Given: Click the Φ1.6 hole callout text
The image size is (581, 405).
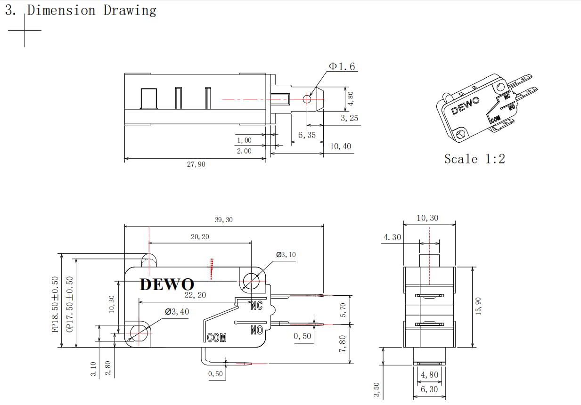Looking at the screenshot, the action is tap(342, 66).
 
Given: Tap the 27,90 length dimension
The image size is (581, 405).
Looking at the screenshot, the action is tap(196, 164).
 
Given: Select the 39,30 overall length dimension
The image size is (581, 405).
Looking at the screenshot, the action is tap(223, 220).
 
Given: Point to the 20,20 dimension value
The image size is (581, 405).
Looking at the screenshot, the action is tap(200, 237).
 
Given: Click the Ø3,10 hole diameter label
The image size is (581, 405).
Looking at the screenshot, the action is tap(286, 255).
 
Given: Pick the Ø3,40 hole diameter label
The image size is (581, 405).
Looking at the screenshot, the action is tap(177, 311).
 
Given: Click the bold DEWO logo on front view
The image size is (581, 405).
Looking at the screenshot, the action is tap(167, 284).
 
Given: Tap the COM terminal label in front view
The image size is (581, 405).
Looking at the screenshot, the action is tap(217, 338).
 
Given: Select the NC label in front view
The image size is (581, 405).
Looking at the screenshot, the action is tap(257, 306).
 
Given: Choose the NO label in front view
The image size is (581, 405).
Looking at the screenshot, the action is tap(257, 330).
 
